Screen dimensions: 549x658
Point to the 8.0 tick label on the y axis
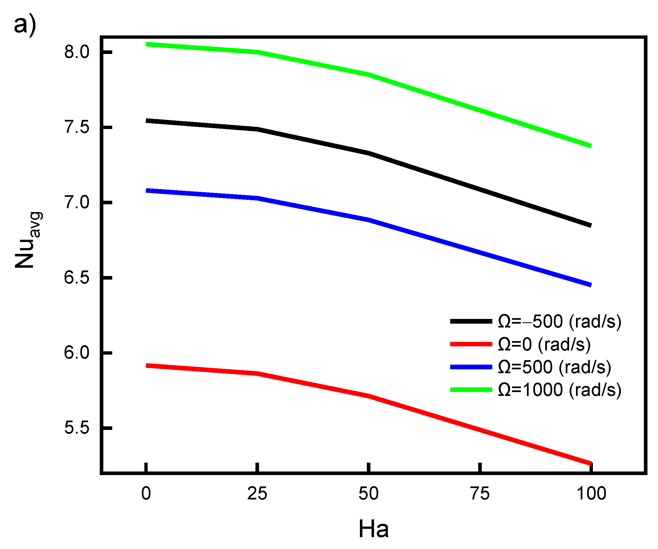click(x=77, y=52)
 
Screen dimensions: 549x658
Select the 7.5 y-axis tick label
click(x=77, y=127)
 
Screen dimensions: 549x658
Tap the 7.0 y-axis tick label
click(x=77, y=202)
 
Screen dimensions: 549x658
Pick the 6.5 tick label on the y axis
click(x=77, y=277)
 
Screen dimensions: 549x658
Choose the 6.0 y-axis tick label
click(x=77, y=353)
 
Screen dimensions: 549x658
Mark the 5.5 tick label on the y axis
click(x=77, y=428)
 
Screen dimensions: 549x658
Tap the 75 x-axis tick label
click(x=480, y=494)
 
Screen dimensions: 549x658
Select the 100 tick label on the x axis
click(x=591, y=494)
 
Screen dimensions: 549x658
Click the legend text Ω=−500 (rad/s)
click(x=559, y=321)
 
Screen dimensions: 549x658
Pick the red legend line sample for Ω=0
click(x=471, y=344)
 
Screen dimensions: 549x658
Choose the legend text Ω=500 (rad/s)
click(x=554, y=367)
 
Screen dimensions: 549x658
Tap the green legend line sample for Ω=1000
click(x=471, y=390)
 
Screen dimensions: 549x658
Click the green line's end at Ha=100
click(x=591, y=146)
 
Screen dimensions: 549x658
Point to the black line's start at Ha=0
click(x=146, y=121)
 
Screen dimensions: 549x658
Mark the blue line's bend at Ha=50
click(x=369, y=220)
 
